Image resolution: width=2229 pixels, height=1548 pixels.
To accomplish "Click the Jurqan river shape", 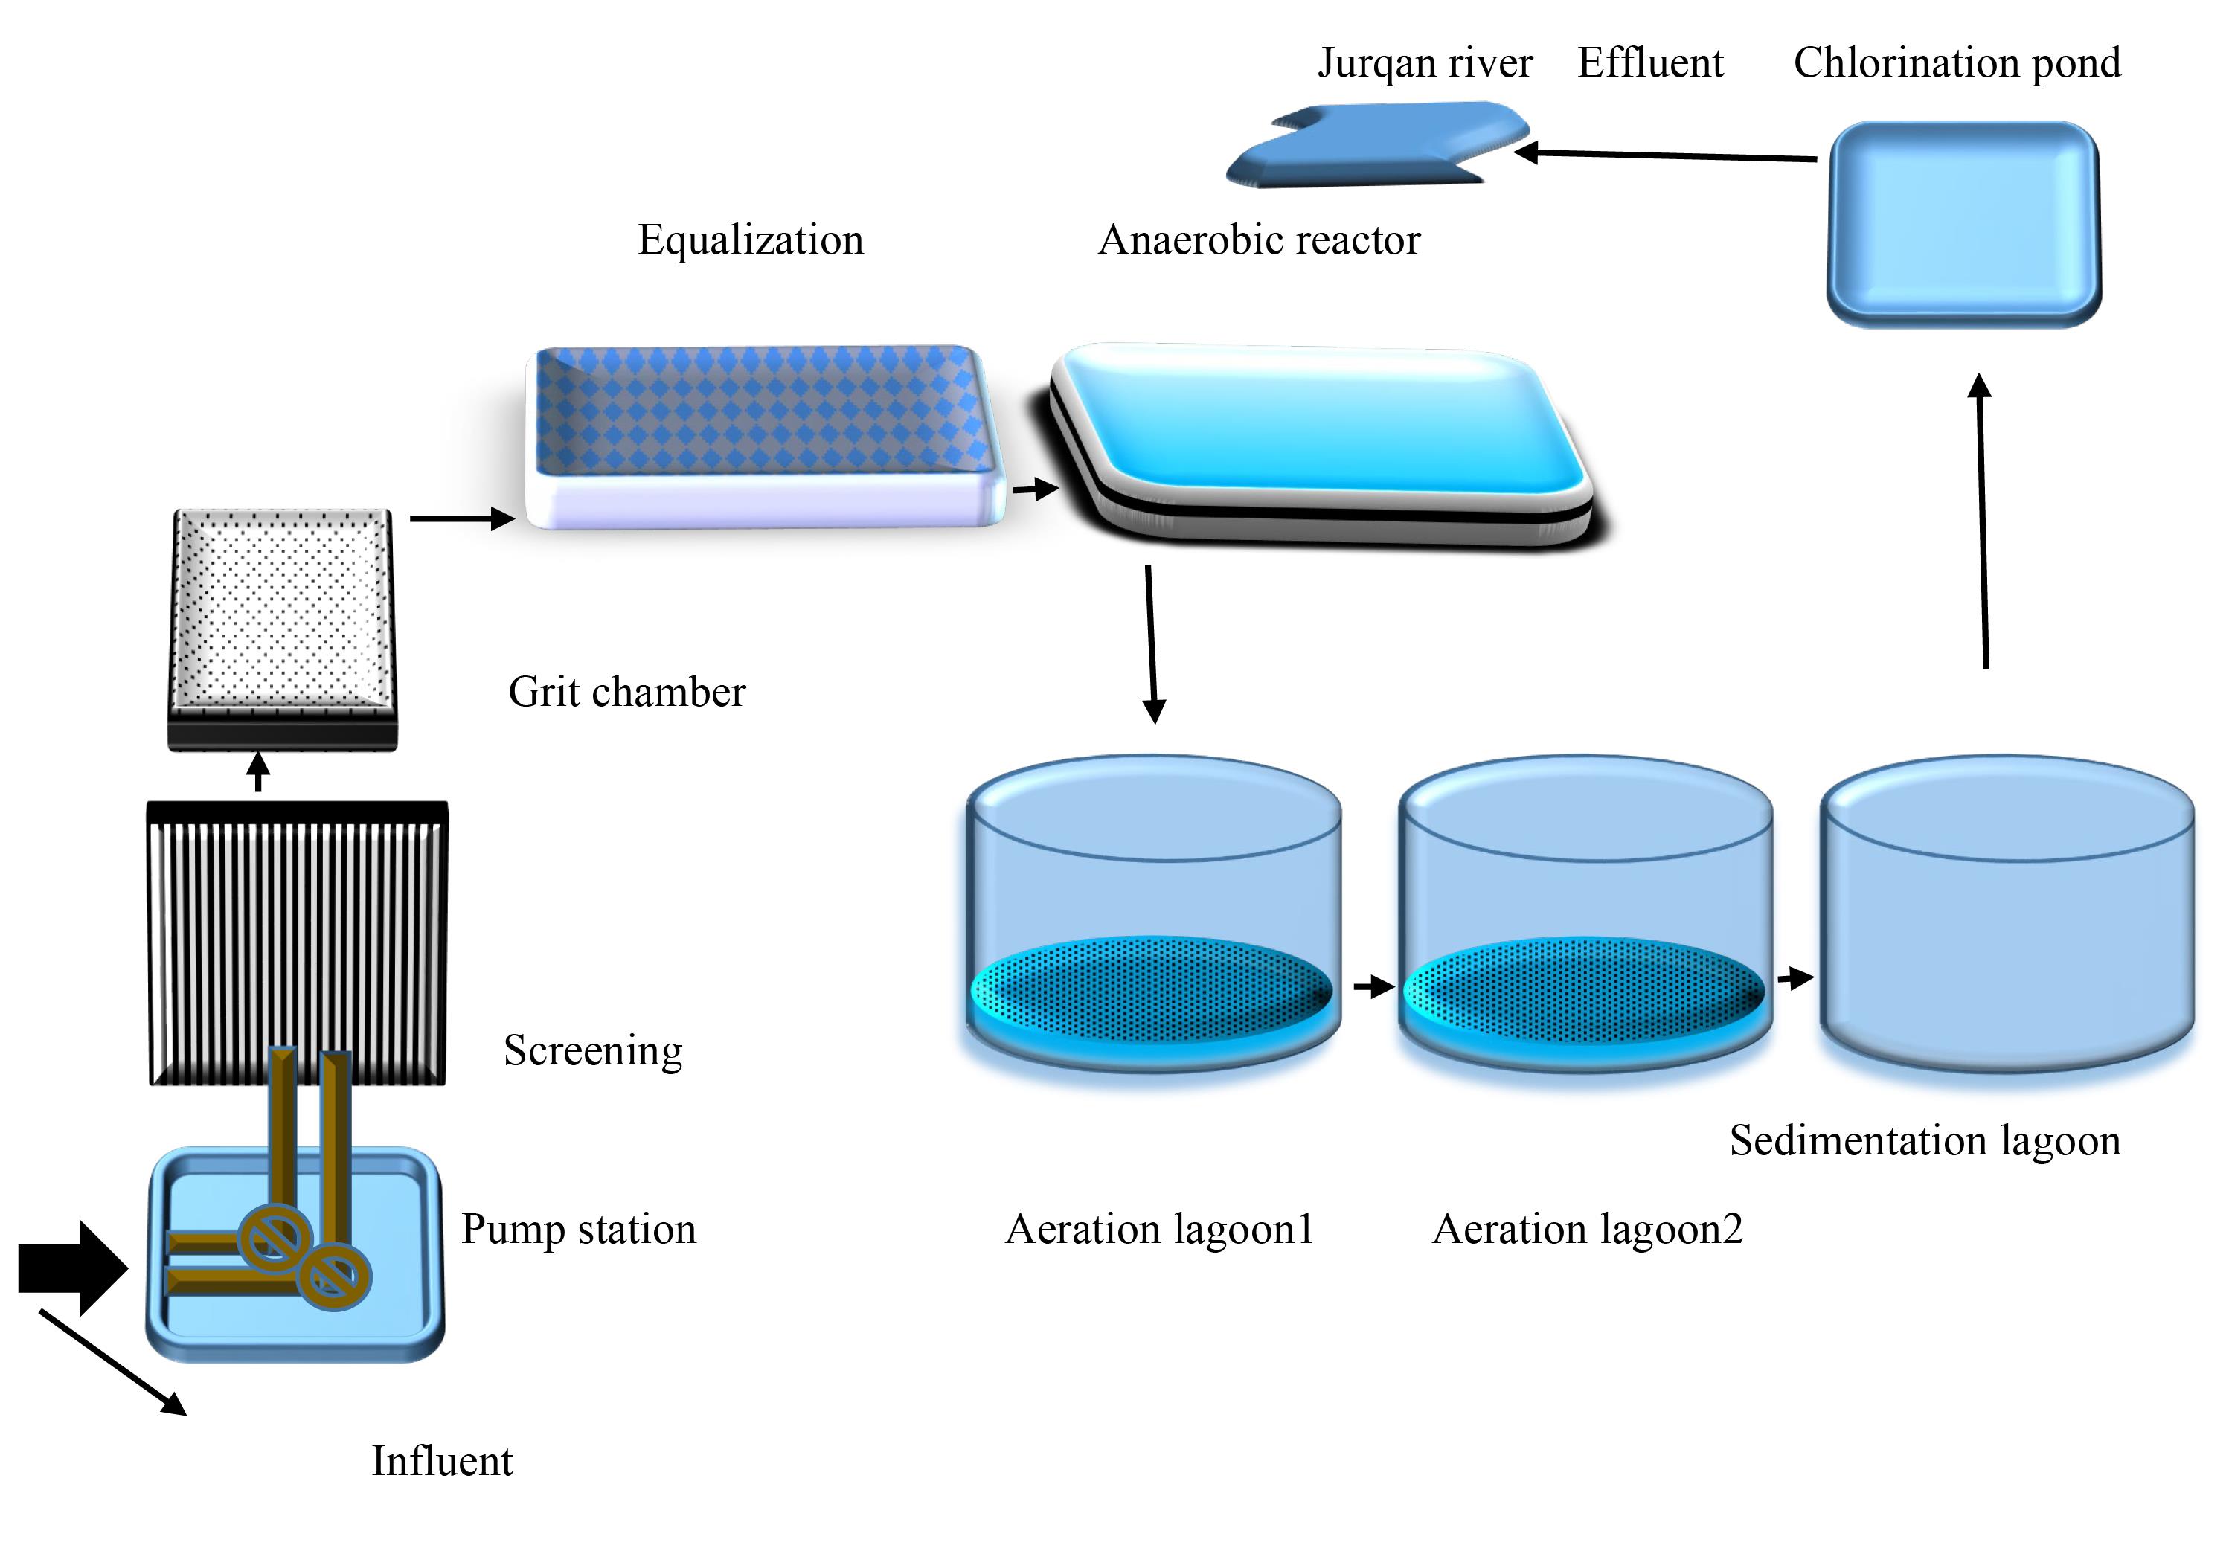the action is tap(1377, 146).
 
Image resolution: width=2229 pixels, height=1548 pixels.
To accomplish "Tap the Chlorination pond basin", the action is tap(1963, 224).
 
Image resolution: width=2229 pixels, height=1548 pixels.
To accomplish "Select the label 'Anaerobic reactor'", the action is tap(1259, 240).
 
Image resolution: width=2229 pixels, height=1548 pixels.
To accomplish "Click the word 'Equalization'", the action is tap(751, 240).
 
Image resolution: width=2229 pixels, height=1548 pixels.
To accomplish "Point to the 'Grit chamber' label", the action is tap(626, 692).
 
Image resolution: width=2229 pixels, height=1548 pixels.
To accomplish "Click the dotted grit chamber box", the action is tap(282, 629).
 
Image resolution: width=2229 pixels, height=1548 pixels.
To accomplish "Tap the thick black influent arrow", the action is tap(73, 1268).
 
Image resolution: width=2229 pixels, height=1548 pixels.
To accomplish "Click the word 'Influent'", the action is tap(443, 1461).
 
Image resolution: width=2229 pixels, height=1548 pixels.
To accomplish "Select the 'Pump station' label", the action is tap(578, 1229).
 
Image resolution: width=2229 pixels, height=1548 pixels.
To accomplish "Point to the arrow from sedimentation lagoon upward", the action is tap(1983, 521).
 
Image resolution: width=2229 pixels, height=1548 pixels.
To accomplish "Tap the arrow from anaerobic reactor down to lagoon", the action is tap(1152, 645).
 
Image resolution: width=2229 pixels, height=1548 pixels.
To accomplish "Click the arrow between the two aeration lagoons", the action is tap(1374, 987).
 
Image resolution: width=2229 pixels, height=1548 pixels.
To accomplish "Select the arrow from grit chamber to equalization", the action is tap(463, 519).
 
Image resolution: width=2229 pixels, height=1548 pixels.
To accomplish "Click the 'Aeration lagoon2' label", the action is tap(1588, 1229).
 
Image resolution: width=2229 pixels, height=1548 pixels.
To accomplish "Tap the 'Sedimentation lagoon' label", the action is tap(1925, 1140).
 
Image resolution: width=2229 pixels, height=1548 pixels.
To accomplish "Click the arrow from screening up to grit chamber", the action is tap(258, 772).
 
